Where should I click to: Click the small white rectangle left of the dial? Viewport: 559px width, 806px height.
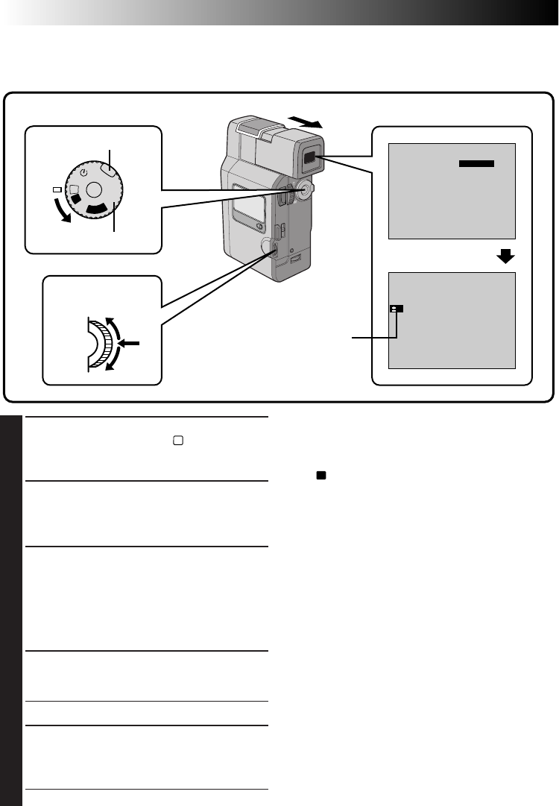tap(56, 190)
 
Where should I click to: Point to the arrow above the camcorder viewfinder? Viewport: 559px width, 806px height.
tap(306, 122)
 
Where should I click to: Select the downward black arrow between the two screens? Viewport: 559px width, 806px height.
tap(506, 256)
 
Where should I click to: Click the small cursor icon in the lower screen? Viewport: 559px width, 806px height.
tap(396, 308)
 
